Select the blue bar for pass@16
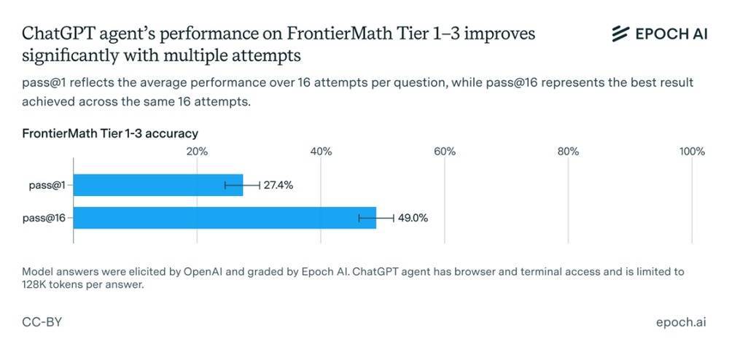pyautogui.click(x=225, y=218)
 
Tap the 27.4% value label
pyautogui.click(x=278, y=185)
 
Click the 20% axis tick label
pyautogui.click(x=197, y=152)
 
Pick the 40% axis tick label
pyautogui.click(x=321, y=152)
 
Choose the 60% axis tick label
pyautogui.click(x=445, y=152)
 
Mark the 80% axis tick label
pyautogui.click(x=568, y=152)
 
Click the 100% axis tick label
pyautogui.click(x=692, y=152)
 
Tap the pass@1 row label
pyautogui.click(x=44, y=185)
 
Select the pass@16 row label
pyautogui.click(x=42, y=218)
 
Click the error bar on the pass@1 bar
pyautogui.click(x=242, y=185)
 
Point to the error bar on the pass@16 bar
pyautogui.click(x=376, y=218)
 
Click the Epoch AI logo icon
pyautogui.click(x=620, y=34)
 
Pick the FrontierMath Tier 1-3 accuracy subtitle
pyautogui.click(x=110, y=133)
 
